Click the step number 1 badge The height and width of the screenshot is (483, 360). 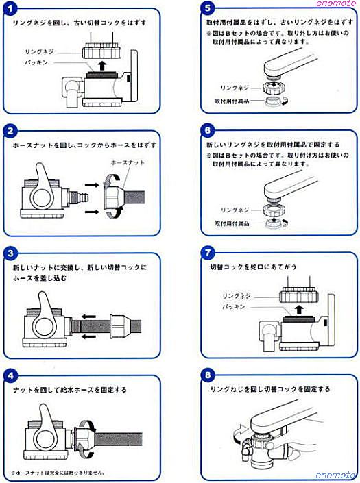[10, 9]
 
